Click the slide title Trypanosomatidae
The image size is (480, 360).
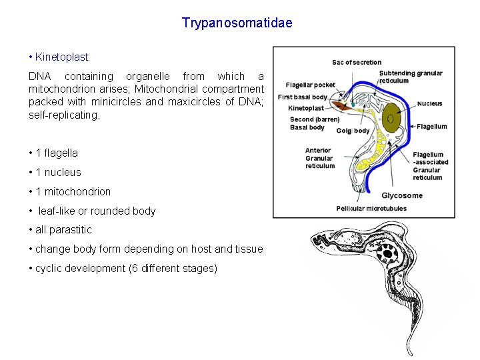(x=237, y=23)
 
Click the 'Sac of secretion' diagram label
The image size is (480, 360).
(x=357, y=63)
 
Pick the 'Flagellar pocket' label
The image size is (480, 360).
(x=310, y=85)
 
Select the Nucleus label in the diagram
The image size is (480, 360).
(x=429, y=103)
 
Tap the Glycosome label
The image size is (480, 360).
(x=401, y=195)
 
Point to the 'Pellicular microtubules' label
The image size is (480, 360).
(x=371, y=209)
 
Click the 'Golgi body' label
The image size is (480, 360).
(x=353, y=131)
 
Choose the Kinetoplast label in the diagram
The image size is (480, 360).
(x=305, y=108)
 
